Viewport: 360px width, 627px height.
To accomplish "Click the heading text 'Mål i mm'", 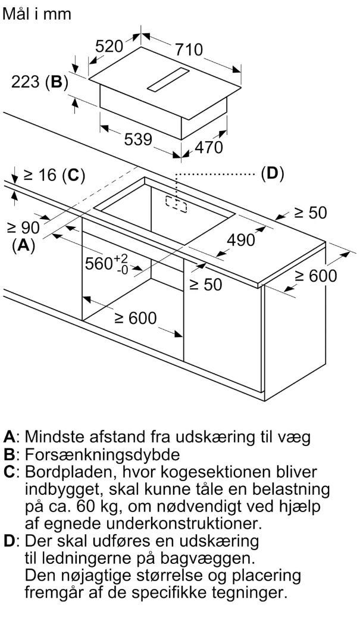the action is (37, 14).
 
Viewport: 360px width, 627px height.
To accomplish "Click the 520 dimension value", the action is (109, 46).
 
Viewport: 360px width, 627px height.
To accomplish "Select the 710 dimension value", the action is (189, 49).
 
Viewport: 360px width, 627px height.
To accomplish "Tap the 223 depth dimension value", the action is (25, 82).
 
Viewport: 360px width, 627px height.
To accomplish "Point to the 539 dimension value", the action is (138, 139).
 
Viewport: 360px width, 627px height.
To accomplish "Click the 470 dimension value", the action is (209, 147).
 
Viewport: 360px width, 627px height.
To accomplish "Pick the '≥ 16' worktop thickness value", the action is (40, 174).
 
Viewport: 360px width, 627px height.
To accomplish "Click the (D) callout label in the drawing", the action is (272, 173).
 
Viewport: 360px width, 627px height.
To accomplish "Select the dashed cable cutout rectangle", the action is (176, 203).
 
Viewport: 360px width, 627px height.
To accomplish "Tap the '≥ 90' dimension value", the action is (23, 227).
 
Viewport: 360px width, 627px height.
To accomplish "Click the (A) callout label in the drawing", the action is (24, 245).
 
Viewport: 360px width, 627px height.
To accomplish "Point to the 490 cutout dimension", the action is (240, 239).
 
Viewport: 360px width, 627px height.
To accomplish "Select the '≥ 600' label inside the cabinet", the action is (136, 318).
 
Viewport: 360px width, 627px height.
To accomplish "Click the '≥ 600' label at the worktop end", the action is (315, 276).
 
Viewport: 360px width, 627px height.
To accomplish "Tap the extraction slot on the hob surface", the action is (168, 79).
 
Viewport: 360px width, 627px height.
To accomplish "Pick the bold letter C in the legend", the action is (9, 472).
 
